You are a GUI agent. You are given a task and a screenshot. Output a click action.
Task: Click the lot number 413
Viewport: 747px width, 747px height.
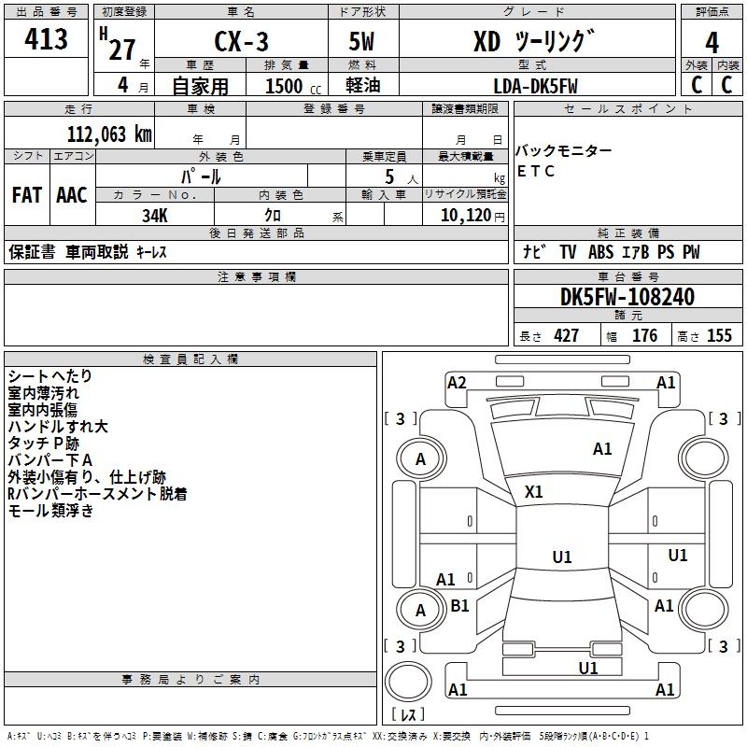point(46,38)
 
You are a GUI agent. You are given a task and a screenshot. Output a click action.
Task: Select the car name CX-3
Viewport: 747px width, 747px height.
point(241,41)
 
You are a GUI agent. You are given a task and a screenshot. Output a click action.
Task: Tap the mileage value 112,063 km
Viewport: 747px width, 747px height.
point(109,134)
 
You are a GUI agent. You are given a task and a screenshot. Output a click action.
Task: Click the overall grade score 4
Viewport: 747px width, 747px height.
point(712,43)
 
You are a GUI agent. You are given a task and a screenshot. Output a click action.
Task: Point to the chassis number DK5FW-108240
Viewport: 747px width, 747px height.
point(627,297)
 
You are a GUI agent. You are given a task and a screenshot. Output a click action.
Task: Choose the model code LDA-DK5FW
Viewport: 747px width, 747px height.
point(535,86)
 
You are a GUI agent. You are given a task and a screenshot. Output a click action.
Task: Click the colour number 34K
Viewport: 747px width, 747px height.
point(155,216)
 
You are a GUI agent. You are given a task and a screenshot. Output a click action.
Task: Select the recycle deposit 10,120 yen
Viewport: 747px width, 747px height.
point(472,216)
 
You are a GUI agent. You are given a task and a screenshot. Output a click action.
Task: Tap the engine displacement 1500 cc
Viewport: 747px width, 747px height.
point(293,86)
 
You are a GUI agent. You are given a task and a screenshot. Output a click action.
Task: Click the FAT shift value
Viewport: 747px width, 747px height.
point(27,195)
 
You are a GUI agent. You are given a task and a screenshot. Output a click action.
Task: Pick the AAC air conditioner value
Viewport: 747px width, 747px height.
point(72,195)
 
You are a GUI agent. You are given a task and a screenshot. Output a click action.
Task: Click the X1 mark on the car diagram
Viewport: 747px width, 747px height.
point(533,492)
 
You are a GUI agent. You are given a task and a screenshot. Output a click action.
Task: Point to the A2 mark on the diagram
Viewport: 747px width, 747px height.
point(457,383)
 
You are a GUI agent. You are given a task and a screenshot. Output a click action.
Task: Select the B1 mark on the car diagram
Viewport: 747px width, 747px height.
point(459,605)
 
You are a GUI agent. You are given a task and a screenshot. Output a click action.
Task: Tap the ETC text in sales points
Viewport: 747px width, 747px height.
point(535,171)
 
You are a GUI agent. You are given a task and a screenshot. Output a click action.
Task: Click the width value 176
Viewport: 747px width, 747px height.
point(644,335)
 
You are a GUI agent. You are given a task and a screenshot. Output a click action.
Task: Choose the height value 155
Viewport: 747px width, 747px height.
point(719,335)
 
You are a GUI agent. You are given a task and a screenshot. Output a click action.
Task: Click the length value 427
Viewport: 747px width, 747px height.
point(567,335)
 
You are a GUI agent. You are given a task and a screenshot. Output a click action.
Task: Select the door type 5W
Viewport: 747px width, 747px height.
point(361,41)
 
